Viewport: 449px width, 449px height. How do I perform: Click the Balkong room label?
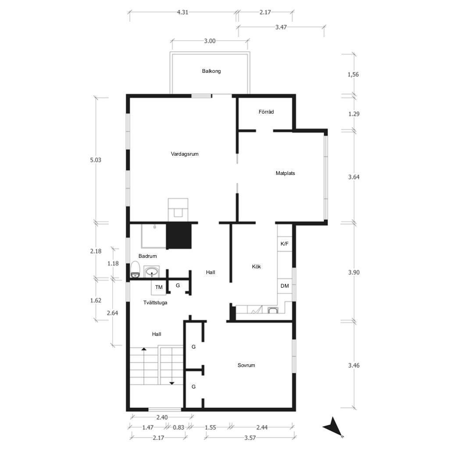pos(211,71)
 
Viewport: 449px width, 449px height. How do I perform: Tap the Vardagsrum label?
pos(185,154)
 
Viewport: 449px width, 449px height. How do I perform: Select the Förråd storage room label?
pos(266,112)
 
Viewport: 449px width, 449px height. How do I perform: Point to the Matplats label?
pos(285,173)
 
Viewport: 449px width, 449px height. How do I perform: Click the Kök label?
pos(256,266)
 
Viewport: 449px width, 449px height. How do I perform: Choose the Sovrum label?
pos(246,365)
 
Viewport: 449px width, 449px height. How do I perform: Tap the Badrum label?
pos(147,256)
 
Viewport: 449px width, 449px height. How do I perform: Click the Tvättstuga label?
pos(155,303)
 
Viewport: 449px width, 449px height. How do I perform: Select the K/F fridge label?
pos(284,244)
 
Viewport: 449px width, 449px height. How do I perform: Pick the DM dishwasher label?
pos(285,286)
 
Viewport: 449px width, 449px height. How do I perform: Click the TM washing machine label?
pos(159,287)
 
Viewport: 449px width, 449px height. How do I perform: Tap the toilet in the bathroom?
pos(135,269)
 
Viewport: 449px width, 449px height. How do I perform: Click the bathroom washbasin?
pos(151,272)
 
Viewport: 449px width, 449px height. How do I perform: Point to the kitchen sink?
pos(273,310)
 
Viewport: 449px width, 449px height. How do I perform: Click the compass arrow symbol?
pos(333,427)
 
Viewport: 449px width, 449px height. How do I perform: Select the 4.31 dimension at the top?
pos(182,12)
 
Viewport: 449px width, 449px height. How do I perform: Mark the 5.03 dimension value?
pos(96,160)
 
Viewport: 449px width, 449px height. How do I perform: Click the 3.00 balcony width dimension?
pos(210,41)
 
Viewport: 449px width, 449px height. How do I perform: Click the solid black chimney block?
pos(179,236)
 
